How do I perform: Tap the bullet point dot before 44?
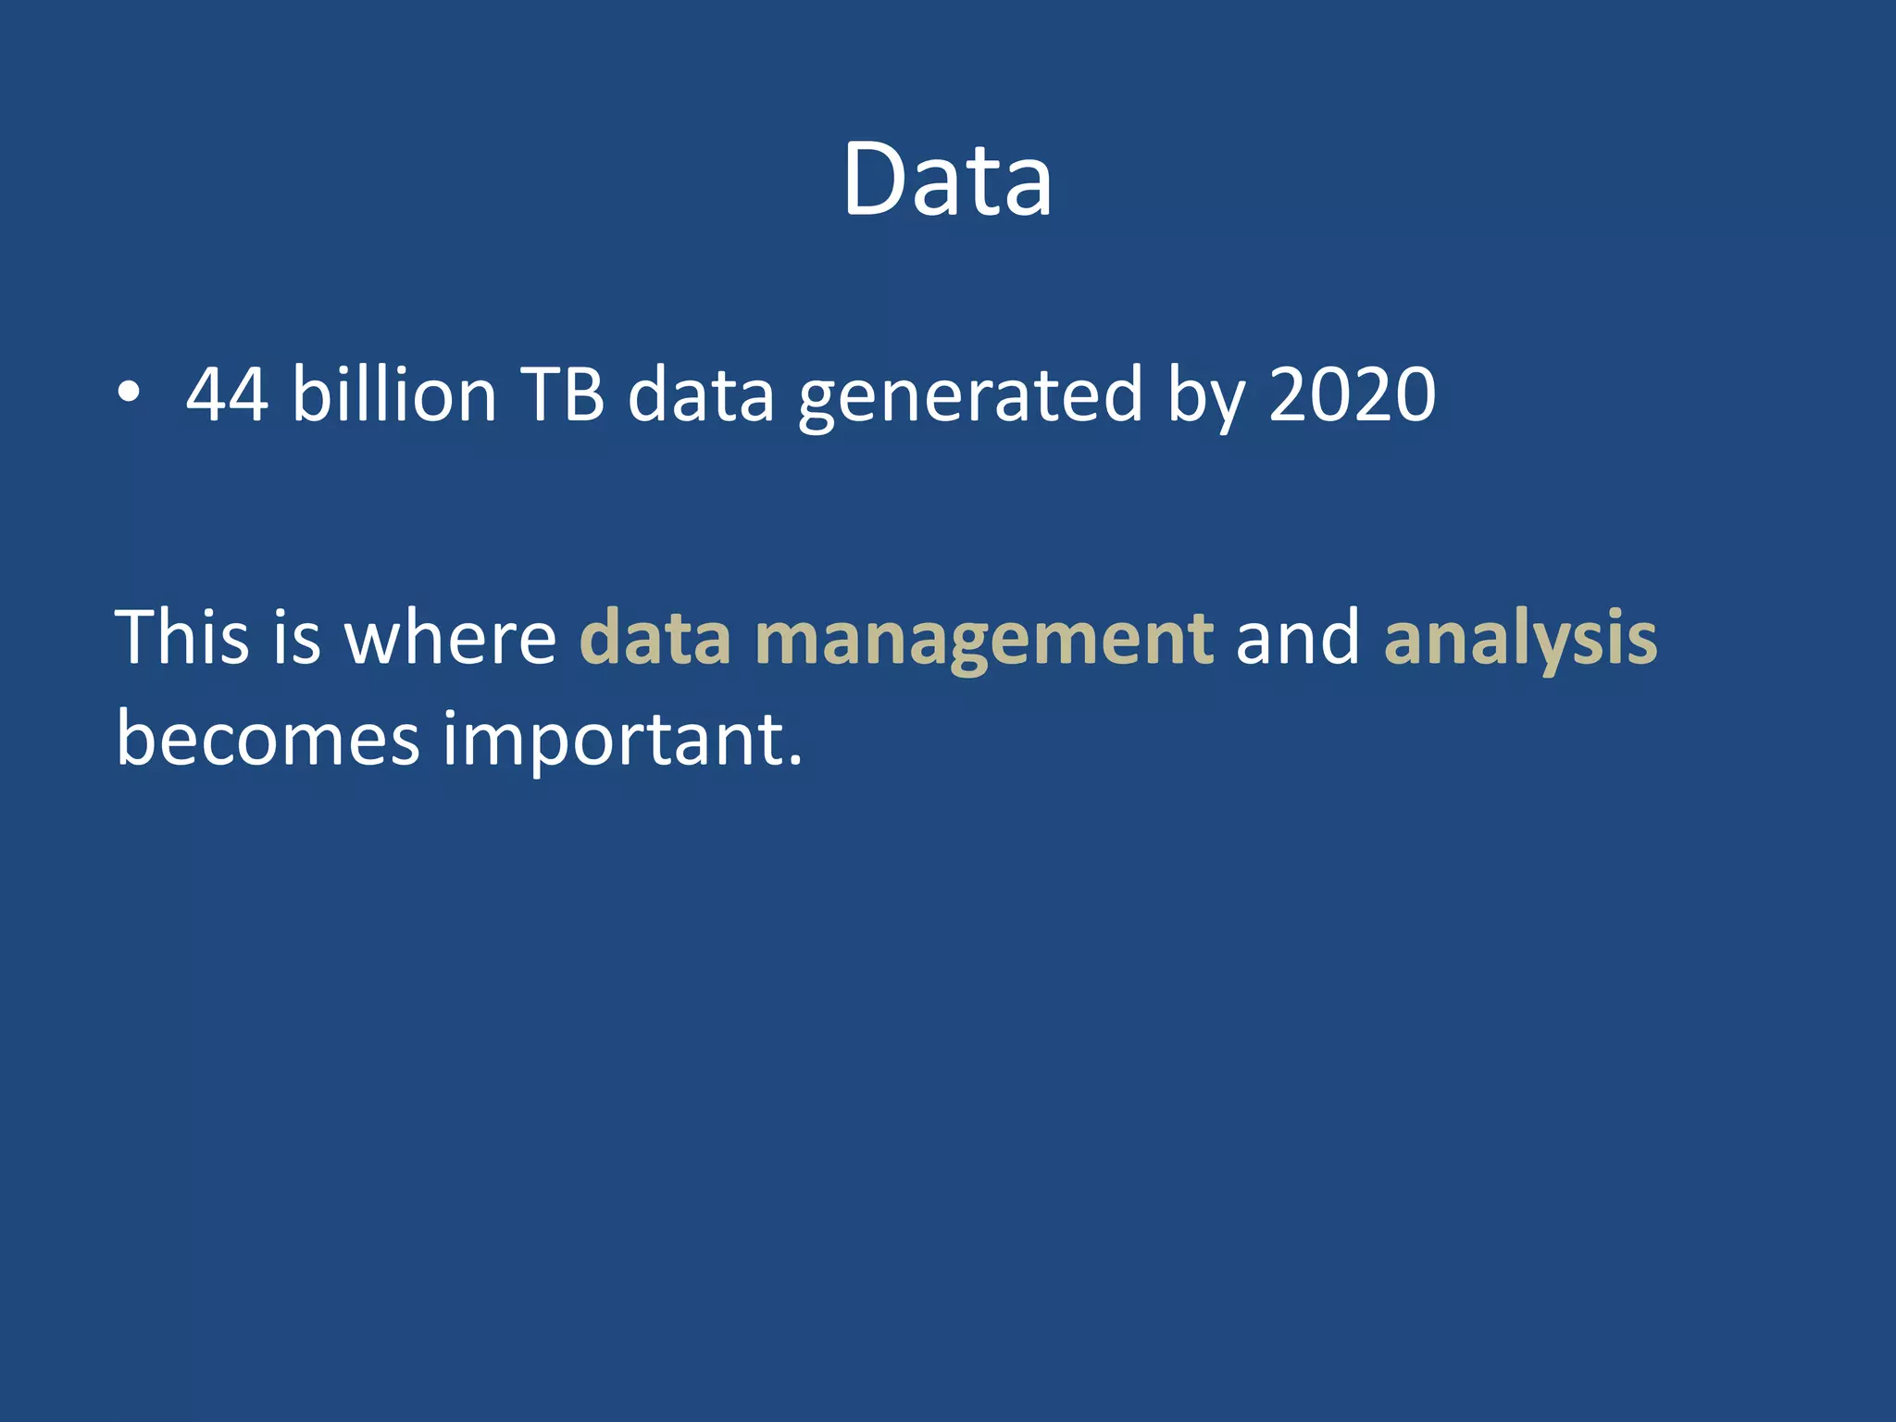click(130, 394)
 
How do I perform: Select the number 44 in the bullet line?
click(228, 395)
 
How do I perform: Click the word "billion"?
click(394, 395)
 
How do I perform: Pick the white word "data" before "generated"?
click(701, 395)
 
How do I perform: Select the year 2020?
click(1352, 395)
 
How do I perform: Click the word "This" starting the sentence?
click(182, 638)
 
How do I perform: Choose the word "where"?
click(450, 638)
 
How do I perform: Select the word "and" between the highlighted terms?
click(1298, 638)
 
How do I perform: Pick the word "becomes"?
click(268, 740)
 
